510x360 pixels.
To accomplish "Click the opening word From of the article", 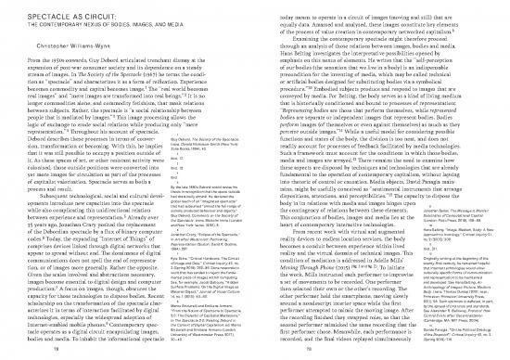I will (x=17, y=59).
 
